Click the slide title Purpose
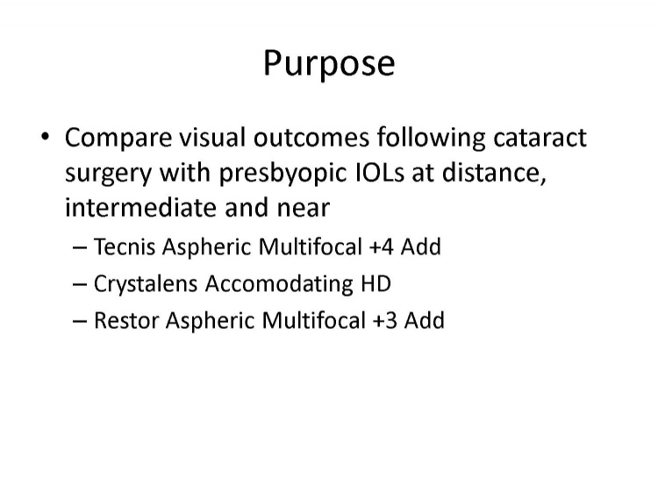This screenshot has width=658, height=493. point(329,64)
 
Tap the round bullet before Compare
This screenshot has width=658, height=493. point(46,136)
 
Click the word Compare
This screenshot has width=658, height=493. point(118,139)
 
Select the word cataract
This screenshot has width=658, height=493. point(540,137)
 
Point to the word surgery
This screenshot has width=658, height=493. point(108,175)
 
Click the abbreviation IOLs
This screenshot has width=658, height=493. point(380,172)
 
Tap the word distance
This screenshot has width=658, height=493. point(494,173)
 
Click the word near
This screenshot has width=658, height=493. point(304,209)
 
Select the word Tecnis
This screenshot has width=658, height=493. point(125,246)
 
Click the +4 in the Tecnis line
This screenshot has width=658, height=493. point(381,246)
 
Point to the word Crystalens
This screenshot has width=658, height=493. point(145,284)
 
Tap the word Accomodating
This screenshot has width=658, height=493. point(279,284)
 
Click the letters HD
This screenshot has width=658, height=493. point(375,283)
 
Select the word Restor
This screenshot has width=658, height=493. point(126,320)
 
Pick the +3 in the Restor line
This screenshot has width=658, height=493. point(384,321)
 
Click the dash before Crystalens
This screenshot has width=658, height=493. point(79,284)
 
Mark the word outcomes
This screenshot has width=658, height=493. point(311,137)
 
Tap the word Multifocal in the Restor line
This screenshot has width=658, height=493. point(313,320)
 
